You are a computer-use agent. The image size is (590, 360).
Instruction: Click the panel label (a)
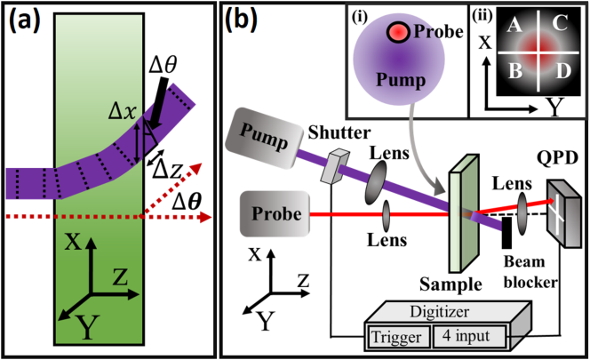25,20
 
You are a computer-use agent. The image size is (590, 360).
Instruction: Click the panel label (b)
241,20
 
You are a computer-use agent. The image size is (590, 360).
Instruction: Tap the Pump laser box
264,138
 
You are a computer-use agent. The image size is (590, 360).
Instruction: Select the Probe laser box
275,214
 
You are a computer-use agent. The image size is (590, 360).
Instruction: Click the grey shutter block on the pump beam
334,166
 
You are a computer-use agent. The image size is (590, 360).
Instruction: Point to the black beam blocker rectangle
506,232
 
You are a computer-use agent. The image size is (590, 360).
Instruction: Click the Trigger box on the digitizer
398,337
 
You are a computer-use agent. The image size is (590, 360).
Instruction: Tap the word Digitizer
439,312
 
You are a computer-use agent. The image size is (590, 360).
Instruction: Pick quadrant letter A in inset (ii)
515,26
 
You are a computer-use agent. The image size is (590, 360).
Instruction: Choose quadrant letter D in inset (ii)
563,71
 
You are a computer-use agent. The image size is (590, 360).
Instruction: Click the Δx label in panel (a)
122,113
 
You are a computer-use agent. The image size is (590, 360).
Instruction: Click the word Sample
450,284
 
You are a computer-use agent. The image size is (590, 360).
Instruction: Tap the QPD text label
557,158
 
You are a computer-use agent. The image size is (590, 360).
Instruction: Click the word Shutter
339,133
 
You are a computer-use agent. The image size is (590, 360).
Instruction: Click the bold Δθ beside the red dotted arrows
186,203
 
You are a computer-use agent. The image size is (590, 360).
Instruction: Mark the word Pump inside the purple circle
401,80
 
